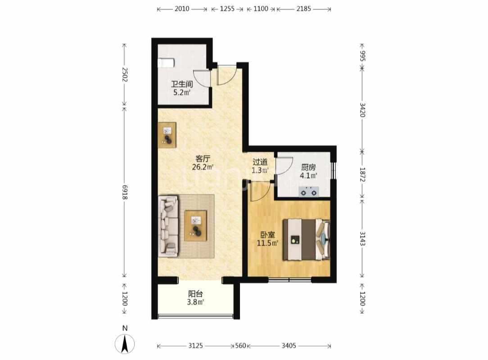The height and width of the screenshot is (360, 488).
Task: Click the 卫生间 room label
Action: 182,84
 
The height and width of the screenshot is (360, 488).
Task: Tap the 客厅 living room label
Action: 203,159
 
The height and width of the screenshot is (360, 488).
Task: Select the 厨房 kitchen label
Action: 308,167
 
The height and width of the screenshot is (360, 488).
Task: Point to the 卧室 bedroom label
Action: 267,235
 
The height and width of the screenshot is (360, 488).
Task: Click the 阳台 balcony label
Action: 195,294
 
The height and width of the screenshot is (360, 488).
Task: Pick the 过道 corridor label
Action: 260,162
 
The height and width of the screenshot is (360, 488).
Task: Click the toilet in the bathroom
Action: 166,63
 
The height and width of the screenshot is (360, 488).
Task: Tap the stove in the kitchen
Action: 309,192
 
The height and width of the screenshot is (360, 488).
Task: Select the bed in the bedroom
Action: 306,239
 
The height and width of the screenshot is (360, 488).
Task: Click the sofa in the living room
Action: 168,226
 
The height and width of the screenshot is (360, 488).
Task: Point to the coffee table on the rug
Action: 196,226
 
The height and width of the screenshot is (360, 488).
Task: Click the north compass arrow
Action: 125,344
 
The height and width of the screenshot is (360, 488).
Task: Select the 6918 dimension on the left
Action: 125,192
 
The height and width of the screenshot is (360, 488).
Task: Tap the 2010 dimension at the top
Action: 182,9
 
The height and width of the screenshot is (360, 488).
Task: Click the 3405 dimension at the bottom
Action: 289,346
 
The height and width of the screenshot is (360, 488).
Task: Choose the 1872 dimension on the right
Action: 362,175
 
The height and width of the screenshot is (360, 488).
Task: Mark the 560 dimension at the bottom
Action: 240,346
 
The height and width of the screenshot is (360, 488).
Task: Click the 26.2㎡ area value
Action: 203,167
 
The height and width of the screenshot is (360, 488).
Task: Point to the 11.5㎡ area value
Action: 267,243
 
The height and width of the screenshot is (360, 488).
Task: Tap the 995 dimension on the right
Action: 362,56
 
